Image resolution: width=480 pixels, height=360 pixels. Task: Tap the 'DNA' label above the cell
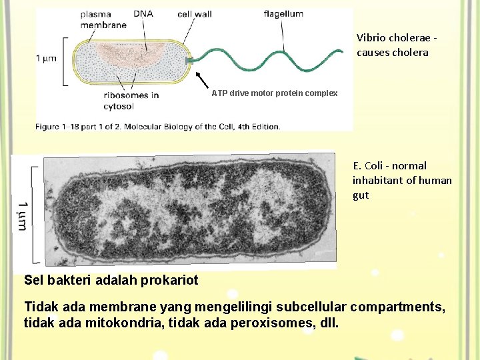(x=142, y=13)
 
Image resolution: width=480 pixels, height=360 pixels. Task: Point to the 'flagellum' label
(x=283, y=13)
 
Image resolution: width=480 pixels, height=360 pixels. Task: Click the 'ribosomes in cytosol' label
(x=131, y=100)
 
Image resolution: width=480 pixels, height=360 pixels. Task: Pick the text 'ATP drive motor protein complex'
(x=275, y=93)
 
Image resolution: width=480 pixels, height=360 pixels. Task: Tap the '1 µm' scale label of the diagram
(x=46, y=59)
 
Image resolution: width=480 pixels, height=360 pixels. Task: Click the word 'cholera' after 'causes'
(x=412, y=52)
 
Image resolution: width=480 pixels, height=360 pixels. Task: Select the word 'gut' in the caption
(x=361, y=195)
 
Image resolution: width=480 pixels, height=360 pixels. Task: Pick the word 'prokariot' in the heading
(x=169, y=280)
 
